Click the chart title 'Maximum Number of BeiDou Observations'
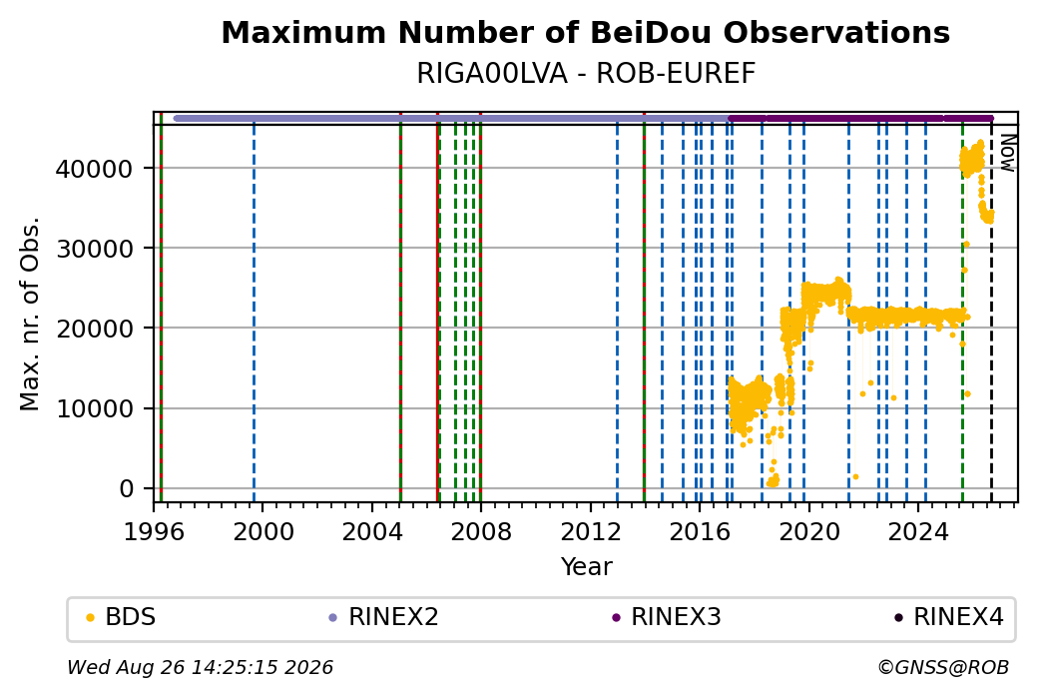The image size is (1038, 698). [x=585, y=32]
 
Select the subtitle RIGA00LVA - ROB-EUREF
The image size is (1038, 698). [x=586, y=74]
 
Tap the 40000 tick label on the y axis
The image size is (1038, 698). [x=94, y=169]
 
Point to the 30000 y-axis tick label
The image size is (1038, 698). [x=94, y=249]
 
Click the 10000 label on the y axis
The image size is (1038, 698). [x=94, y=408]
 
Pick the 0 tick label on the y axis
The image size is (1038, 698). [x=127, y=488]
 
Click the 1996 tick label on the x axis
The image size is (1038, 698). [x=154, y=532]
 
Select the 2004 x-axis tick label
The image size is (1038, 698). [x=372, y=532]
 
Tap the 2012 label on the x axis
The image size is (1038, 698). [x=591, y=532]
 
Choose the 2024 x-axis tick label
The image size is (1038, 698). [x=918, y=532]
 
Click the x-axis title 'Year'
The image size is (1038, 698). [x=586, y=567]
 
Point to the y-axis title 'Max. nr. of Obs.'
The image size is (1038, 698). [x=30, y=314]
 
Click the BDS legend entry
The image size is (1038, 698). [x=121, y=617]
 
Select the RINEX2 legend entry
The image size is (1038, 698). [x=384, y=617]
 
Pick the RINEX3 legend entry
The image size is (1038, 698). [x=667, y=617]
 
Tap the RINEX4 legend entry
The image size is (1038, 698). [x=949, y=617]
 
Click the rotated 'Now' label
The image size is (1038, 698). [x=1007, y=153]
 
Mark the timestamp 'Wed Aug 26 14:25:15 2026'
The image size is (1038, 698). [x=200, y=667]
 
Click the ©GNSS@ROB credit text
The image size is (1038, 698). [x=943, y=667]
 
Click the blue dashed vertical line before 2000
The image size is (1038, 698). [x=254, y=314]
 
